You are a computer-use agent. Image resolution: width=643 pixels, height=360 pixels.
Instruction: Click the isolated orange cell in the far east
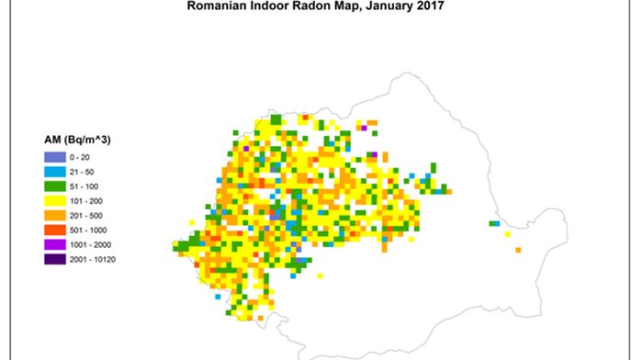[518, 250]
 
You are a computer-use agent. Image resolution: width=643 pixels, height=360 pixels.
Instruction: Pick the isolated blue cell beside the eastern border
[493, 223]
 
